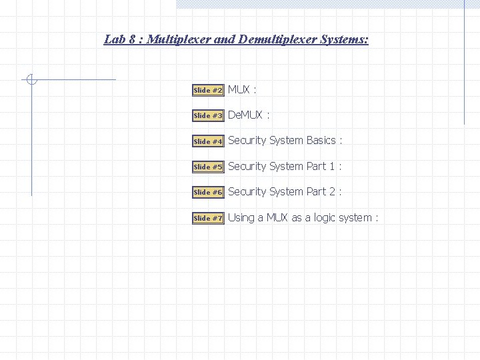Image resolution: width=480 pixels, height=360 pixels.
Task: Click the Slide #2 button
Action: pos(208,90)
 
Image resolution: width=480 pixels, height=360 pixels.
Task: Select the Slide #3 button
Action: pos(208,116)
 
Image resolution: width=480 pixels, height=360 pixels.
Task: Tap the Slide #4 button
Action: pos(208,141)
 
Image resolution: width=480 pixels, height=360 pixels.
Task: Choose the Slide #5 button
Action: pos(208,167)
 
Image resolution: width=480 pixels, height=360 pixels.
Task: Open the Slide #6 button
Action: pos(208,192)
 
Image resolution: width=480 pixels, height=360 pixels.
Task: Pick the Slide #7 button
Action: pos(208,218)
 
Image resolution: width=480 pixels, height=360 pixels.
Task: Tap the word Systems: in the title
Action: pos(344,39)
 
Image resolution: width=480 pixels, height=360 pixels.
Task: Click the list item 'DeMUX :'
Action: pos(249,115)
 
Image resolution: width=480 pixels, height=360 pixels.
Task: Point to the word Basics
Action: pos(321,141)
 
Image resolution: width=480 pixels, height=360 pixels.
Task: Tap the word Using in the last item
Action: pos(241,218)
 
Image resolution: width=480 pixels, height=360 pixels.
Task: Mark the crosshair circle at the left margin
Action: pos(31,80)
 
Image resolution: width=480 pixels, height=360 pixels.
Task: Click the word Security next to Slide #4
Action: pos(247,141)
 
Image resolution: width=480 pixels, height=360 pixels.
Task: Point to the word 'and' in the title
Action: pos(224,39)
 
